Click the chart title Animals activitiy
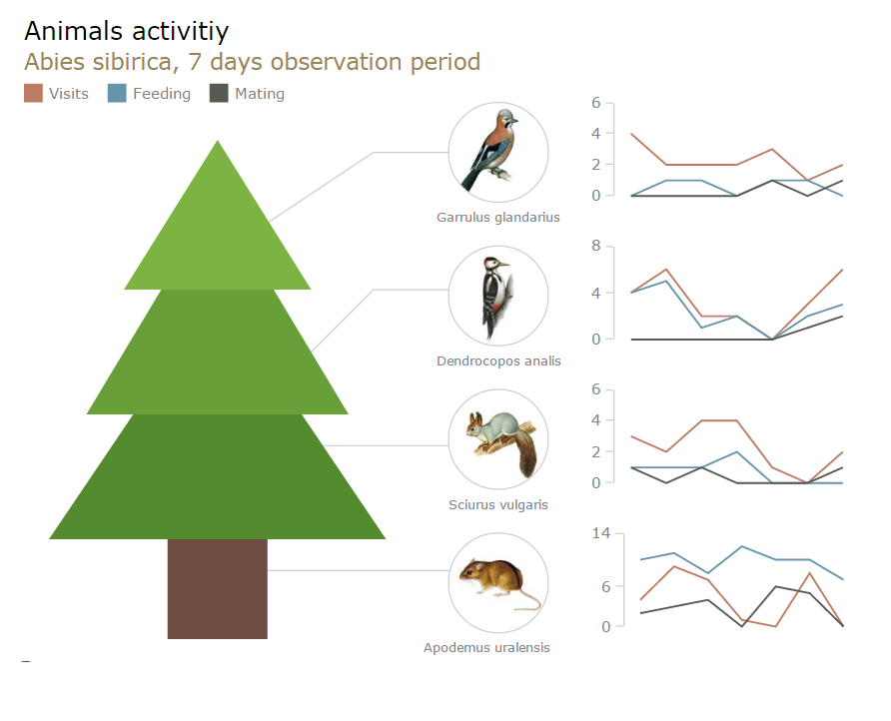pyautogui.click(x=126, y=32)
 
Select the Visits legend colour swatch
pyautogui.click(x=34, y=93)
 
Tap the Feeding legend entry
pyautogui.click(x=150, y=93)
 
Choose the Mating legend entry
pyautogui.click(x=247, y=93)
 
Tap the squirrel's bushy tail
pyautogui.click(x=526, y=454)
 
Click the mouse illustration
pyautogui.click(x=498, y=583)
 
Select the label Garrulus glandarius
pyautogui.click(x=497, y=217)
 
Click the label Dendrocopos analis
pyautogui.click(x=498, y=360)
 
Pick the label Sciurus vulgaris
pyautogui.click(x=498, y=504)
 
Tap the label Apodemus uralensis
pyautogui.click(x=486, y=648)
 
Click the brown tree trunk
pyautogui.click(x=217, y=588)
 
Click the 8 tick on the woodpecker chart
pyautogui.click(x=595, y=246)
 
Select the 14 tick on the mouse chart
pyautogui.click(x=601, y=533)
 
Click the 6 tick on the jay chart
pyautogui.click(x=595, y=102)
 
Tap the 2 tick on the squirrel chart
pyautogui.click(x=595, y=451)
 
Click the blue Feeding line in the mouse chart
pyautogui.click(x=742, y=547)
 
